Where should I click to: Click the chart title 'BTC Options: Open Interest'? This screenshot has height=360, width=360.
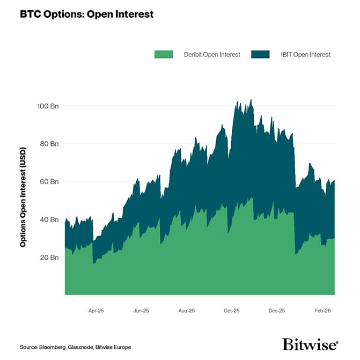tap(86, 14)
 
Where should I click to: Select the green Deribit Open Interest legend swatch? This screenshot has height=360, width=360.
tap(163, 54)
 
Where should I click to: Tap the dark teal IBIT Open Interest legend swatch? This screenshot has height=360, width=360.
tap(260, 54)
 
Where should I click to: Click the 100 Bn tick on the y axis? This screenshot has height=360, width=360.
tap(47, 106)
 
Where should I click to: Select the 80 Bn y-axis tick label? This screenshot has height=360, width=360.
tap(48, 144)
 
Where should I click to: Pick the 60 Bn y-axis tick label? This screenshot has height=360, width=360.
tap(48, 182)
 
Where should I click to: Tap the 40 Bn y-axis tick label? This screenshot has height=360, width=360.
tap(48, 219)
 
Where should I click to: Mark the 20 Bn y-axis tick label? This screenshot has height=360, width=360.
tap(48, 258)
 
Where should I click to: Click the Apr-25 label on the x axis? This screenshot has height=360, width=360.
tap(96, 310)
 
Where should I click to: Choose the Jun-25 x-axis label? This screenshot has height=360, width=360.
tap(141, 310)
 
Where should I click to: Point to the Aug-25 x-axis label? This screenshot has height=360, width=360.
tap(186, 310)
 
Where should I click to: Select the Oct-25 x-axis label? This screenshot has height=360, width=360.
tap(232, 310)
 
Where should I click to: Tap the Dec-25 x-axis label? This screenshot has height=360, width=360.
tap(277, 310)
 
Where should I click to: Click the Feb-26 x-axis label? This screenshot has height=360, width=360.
tap(322, 310)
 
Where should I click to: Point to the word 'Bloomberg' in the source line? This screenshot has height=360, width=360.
tap(52, 347)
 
